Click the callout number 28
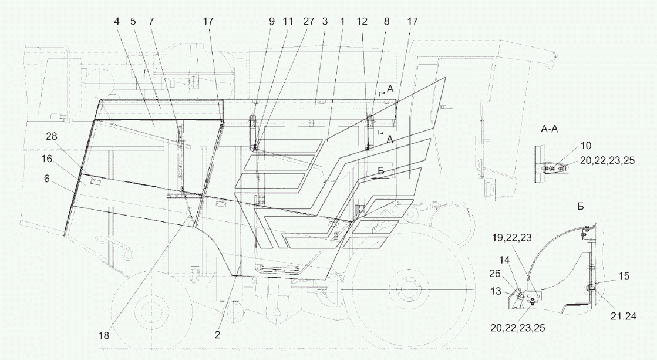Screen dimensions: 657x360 point(52,136)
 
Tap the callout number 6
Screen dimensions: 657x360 point(46,179)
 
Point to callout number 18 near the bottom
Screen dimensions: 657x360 point(104,336)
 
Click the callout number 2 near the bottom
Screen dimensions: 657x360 point(217,335)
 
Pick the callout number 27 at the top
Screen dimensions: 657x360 point(308,21)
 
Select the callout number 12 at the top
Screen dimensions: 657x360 point(362,21)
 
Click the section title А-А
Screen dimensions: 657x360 point(550,129)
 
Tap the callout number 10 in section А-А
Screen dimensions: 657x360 point(586,146)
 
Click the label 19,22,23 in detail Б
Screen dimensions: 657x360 point(511,238)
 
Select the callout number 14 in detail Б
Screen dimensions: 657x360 point(504,260)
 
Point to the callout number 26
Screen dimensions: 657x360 point(495,274)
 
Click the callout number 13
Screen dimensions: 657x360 point(496,291)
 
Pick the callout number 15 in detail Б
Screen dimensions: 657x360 point(624,276)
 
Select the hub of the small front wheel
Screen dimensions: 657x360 point(149,311)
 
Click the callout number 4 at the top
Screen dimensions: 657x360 point(116,21)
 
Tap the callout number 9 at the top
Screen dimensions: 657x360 point(271,21)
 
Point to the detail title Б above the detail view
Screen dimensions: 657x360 point(580,206)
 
